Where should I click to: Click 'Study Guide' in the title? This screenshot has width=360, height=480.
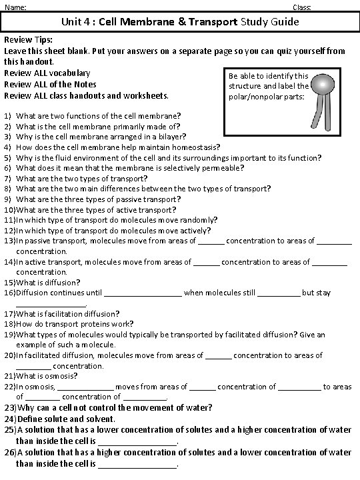coord(269,22)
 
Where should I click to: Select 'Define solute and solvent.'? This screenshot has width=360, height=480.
coord(66,419)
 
